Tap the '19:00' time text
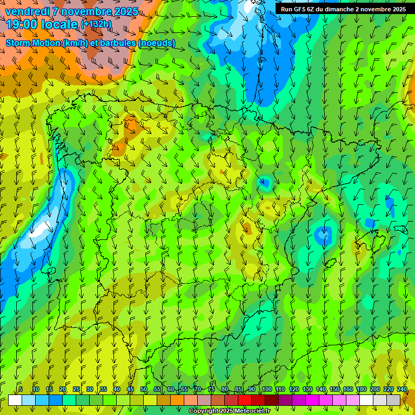coord(22,25)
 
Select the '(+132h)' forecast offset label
coord(96,24)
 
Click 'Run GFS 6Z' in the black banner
coord(297,9)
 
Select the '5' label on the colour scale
coord(21,389)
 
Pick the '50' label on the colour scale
coord(144,389)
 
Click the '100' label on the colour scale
coord(266,389)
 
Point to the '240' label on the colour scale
coord(401,389)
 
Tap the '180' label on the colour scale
coord(361,389)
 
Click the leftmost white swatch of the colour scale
coord(15,400)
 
